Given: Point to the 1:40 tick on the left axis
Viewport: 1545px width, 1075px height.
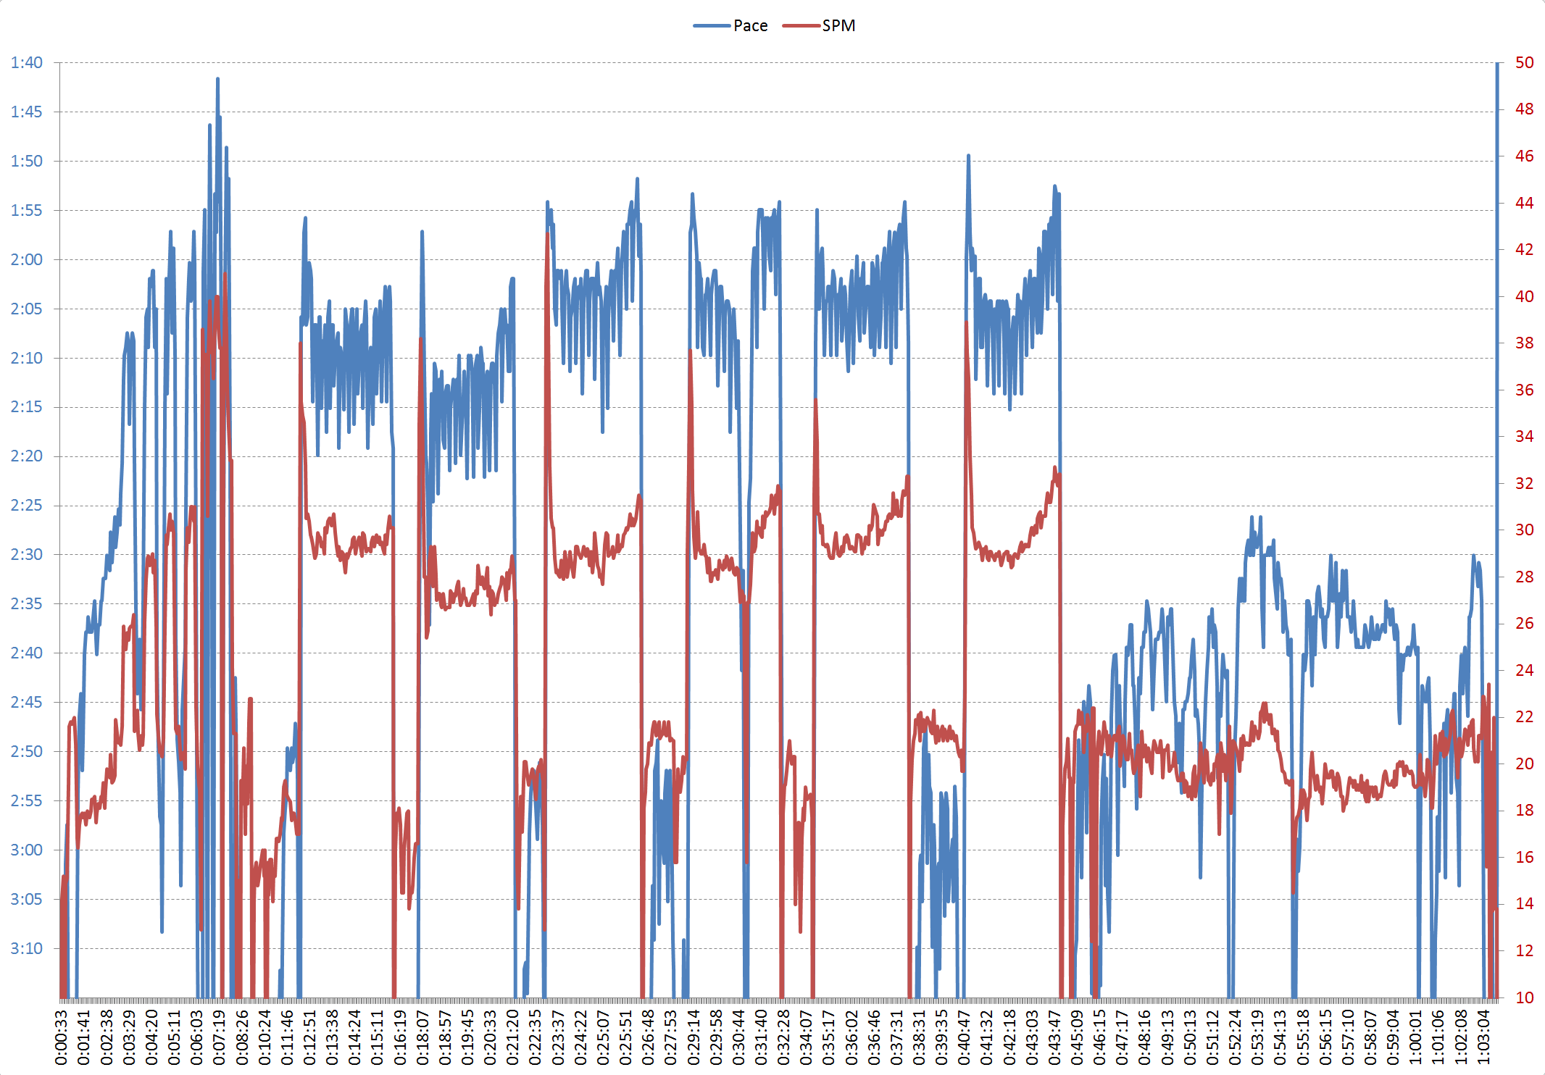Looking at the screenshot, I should [26, 63].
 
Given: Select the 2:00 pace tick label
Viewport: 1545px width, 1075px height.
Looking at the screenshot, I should [26, 260].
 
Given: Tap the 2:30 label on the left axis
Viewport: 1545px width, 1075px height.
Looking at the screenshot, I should [26, 555].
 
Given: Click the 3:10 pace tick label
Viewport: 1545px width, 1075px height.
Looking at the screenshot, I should [26, 949].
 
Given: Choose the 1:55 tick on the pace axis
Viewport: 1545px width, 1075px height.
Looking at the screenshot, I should [26, 211].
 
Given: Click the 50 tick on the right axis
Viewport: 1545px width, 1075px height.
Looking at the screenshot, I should [1524, 63].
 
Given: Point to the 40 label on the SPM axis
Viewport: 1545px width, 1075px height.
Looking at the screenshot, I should [1524, 297].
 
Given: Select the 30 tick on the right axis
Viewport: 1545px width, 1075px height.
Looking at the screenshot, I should [1524, 530].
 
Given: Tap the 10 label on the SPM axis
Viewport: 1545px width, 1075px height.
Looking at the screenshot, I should [1524, 998].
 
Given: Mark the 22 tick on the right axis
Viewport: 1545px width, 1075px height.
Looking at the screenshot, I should [1524, 717].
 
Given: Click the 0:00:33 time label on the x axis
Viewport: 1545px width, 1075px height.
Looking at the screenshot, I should [62, 1038].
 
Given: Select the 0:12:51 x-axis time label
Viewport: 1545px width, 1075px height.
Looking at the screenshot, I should [310, 1038].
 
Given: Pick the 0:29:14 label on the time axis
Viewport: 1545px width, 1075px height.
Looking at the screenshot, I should [694, 1038].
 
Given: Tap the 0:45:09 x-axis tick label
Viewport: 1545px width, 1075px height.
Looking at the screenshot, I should [1077, 1038].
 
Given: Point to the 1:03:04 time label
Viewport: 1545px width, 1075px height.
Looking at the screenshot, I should [1483, 1038].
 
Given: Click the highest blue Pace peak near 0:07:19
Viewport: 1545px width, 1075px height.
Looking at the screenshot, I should [217, 79].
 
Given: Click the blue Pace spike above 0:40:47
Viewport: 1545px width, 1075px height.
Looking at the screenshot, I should [968, 156].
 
